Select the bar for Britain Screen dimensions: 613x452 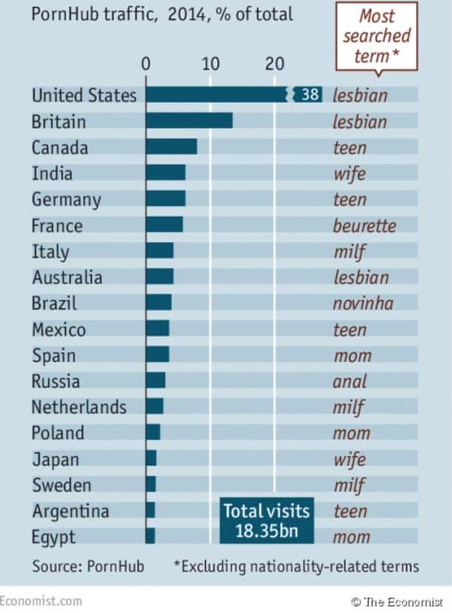click(189, 121)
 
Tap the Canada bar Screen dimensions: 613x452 click(171, 147)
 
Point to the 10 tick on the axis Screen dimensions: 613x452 click(210, 64)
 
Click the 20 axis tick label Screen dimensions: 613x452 click(275, 64)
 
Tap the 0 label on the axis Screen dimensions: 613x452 click(146, 64)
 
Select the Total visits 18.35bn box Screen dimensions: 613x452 click(267, 522)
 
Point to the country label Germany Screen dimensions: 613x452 click(66, 199)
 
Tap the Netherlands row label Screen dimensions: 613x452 click(79, 406)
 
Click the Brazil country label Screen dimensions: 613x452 click(54, 303)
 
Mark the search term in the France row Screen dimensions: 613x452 click(364, 225)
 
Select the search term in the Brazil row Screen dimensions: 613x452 click(362, 303)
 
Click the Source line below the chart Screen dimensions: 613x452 click(87, 566)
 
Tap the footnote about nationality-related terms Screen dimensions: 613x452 click(296, 566)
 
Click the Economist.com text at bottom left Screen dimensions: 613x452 click(41, 600)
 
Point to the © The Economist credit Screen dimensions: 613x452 click(401, 601)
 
